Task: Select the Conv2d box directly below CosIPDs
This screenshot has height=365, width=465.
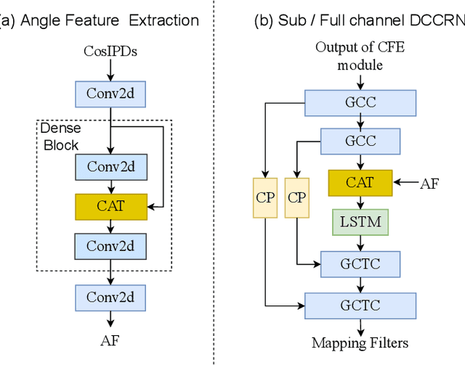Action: tap(110, 93)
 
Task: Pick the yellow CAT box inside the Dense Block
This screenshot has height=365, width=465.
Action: tap(110, 206)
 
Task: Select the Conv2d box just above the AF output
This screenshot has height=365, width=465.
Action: tap(110, 298)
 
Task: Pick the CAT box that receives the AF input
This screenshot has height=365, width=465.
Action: tap(360, 183)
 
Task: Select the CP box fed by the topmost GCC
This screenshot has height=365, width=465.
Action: tap(264, 197)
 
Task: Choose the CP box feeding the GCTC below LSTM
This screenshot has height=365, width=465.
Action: tap(297, 197)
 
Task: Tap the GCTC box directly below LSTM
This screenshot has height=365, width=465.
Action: tap(360, 263)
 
